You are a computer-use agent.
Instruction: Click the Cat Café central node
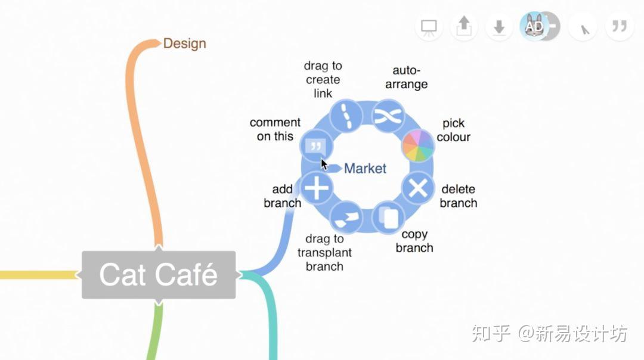(159, 275)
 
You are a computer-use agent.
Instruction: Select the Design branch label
(184, 44)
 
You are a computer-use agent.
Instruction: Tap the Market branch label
(365, 168)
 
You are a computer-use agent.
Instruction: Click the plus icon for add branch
(316, 188)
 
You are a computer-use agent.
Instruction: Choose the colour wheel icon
(417, 145)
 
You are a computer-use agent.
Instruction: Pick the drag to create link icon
(346, 116)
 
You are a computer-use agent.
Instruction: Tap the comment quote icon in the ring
(316, 146)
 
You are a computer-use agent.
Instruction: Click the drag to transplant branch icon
(346, 217)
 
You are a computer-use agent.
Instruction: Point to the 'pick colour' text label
(453, 130)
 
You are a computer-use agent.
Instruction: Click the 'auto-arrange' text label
(406, 77)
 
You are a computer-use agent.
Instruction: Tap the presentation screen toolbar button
(429, 27)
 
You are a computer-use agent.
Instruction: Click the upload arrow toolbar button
(464, 27)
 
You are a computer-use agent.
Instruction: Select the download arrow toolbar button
(499, 27)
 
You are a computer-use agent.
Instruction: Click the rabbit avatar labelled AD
(534, 26)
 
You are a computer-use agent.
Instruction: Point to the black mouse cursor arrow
(324, 164)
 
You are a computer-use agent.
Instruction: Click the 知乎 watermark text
(491, 333)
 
